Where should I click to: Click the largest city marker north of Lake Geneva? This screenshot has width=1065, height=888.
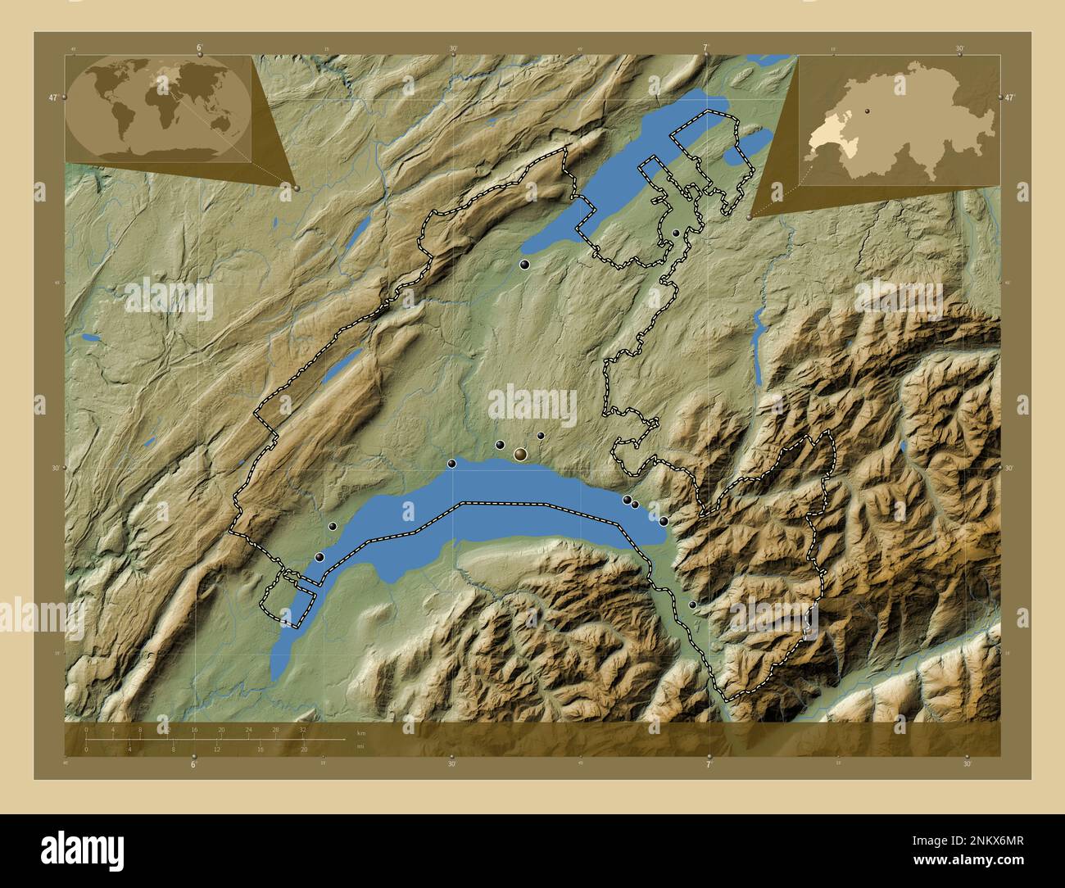coord(520,453)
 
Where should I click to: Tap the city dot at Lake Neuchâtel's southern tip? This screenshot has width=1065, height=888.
coord(524,265)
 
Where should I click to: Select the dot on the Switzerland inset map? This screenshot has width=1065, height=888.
coord(865,108)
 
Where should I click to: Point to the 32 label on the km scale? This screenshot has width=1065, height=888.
coord(302,729)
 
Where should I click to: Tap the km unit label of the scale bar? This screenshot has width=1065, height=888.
coord(360,732)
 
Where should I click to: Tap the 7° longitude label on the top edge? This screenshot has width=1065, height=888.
coord(705,48)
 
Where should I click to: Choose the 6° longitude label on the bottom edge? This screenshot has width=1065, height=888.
coord(193,763)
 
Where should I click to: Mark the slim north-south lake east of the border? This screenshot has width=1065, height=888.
coord(759,352)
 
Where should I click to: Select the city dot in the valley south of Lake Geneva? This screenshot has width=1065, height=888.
coord(693,605)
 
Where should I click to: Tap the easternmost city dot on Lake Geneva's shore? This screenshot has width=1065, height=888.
coord(663,521)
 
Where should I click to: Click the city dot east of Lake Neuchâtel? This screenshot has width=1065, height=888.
coord(676,233)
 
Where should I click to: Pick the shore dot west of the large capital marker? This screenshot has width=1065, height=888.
coord(451,464)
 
